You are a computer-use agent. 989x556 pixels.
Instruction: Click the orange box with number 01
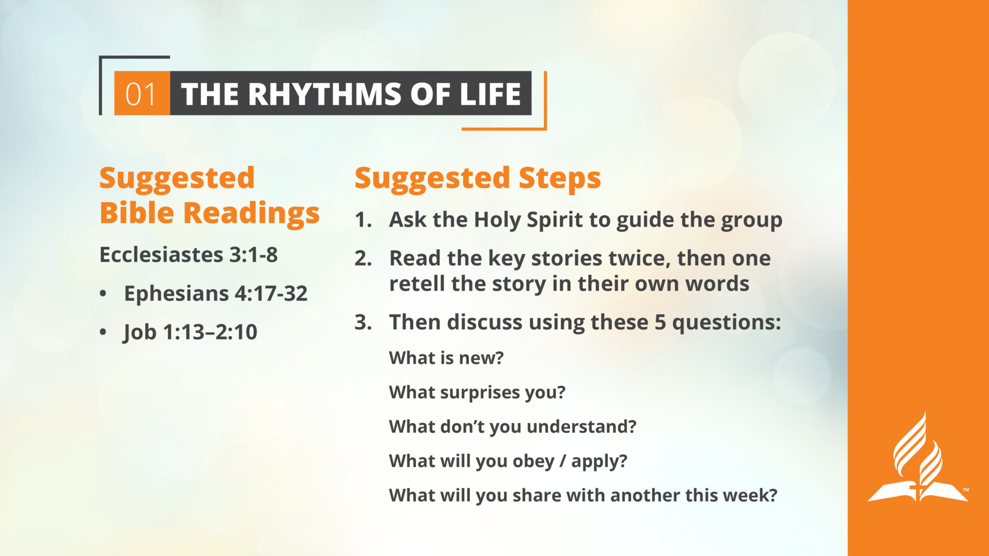click(x=142, y=93)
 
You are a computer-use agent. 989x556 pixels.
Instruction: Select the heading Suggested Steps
click(x=478, y=178)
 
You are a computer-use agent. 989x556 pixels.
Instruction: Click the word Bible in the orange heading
click(x=137, y=213)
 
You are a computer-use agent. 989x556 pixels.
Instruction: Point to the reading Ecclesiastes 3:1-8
click(x=188, y=255)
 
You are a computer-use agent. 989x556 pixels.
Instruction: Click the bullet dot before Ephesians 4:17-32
click(x=103, y=294)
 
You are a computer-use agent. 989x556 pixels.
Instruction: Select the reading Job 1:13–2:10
click(x=190, y=332)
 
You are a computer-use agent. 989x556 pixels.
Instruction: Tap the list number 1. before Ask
click(x=363, y=220)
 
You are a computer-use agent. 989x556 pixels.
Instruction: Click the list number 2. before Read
click(x=363, y=258)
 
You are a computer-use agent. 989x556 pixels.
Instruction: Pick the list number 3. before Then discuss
click(x=363, y=322)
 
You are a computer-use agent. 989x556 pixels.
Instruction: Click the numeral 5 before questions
click(x=660, y=322)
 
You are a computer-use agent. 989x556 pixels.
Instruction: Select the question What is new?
click(x=446, y=358)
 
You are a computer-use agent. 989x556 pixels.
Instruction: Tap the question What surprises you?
click(x=477, y=392)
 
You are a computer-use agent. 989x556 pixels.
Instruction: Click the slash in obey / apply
click(x=563, y=461)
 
